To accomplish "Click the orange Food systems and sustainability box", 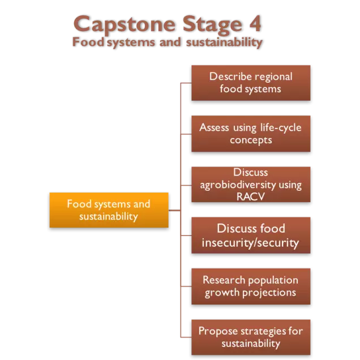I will pyautogui.click(x=109, y=210).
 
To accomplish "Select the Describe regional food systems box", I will pyautogui.click(x=251, y=83).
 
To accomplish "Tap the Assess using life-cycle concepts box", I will pyautogui.click(x=251, y=134).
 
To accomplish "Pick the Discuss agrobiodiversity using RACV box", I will pyautogui.click(x=251, y=185).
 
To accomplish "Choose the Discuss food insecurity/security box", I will pyautogui.click(x=251, y=235).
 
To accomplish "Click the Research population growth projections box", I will pyautogui.click(x=251, y=286).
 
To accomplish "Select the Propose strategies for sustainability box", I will pyautogui.click(x=251, y=337).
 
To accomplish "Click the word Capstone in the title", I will pyautogui.click(x=123, y=24).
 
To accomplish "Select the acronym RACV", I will pyautogui.click(x=251, y=196).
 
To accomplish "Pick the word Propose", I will pyautogui.click(x=217, y=331).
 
